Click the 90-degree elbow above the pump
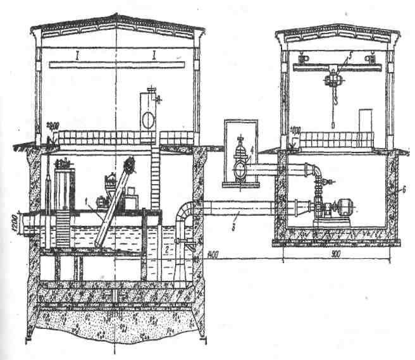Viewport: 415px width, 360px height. (314, 171)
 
